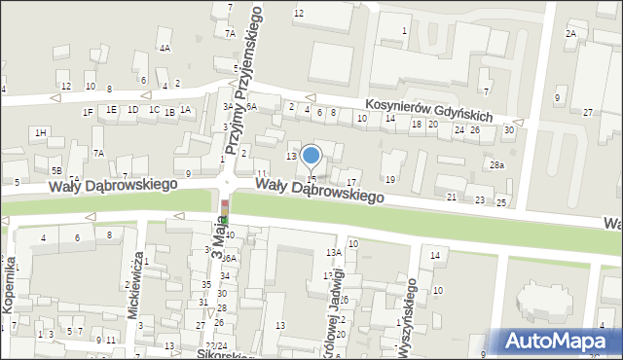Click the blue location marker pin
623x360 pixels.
[x=311, y=157]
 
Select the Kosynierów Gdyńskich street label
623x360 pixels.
[x=429, y=109]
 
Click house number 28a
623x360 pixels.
[x=497, y=165]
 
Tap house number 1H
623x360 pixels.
[x=40, y=132]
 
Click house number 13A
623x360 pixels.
[x=333, y=253]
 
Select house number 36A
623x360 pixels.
[x=229, y=259]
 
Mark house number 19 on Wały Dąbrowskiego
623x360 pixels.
[x=390, y=179]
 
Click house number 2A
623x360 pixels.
[x=570, y=34]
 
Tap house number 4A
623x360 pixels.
[x=165, y=48]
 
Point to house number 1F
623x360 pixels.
[x=88, y=112]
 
